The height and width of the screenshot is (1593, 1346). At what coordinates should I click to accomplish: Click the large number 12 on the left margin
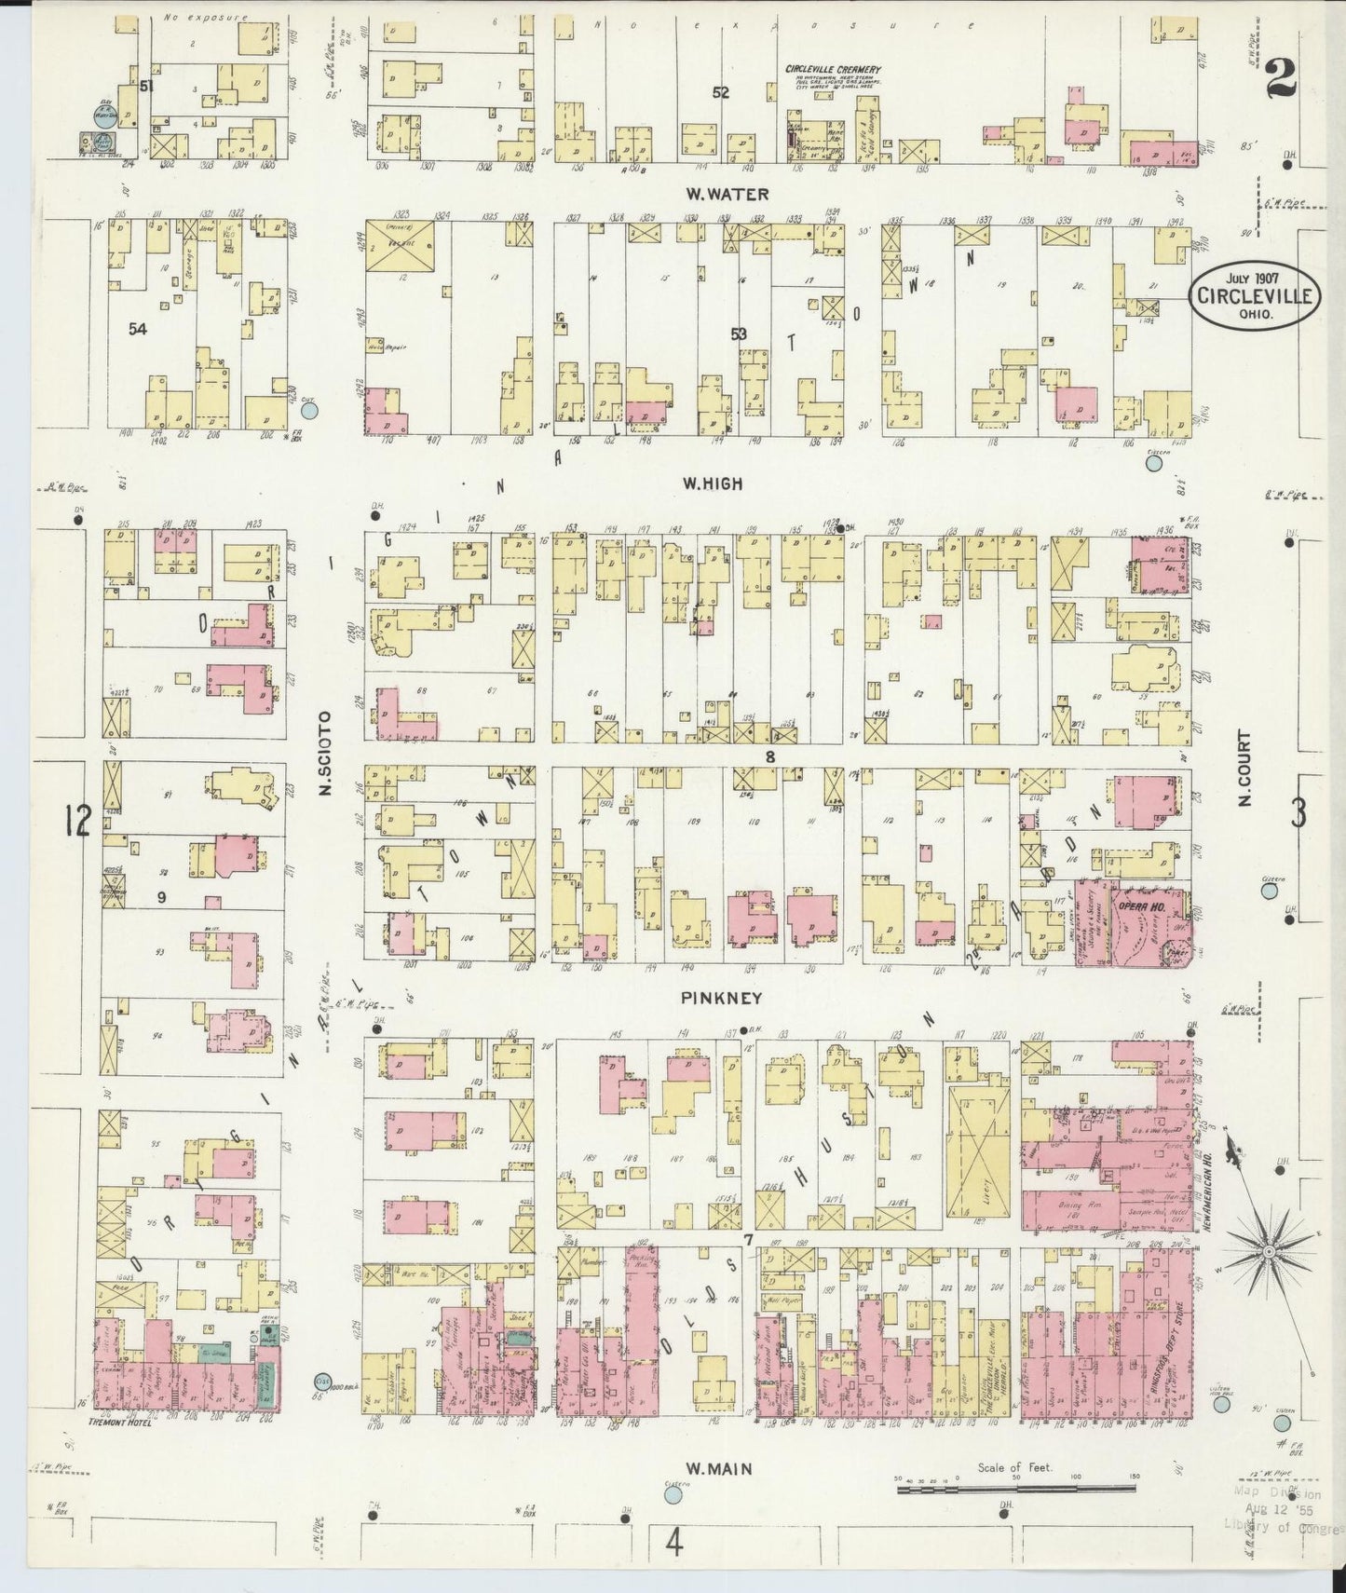pos(78,822)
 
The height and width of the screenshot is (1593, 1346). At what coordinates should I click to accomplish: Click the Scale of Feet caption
pos(1014,1467)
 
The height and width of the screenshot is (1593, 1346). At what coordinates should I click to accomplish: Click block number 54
pos(138,329)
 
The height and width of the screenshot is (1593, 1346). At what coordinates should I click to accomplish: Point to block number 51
pos(146,87)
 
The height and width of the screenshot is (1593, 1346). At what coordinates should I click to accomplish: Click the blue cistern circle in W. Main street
pos(673,1495)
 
